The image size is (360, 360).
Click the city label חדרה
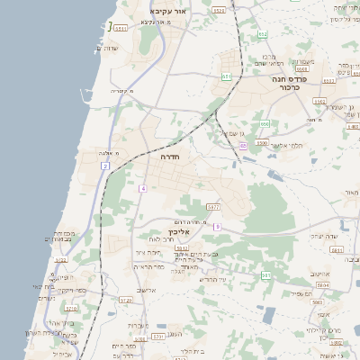click(170, 157)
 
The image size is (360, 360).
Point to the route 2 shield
click(105, 166)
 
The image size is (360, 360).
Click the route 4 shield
click(142, 187)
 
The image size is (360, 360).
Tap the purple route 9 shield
click(217, 226)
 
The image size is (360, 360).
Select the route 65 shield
click(243, 146)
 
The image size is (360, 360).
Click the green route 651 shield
click(226, 76)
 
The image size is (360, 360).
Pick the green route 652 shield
click(263, 35)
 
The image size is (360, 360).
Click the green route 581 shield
click(265, 274)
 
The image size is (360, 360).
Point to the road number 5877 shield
click(213, 207)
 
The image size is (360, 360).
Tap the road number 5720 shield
click(125, 300)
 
